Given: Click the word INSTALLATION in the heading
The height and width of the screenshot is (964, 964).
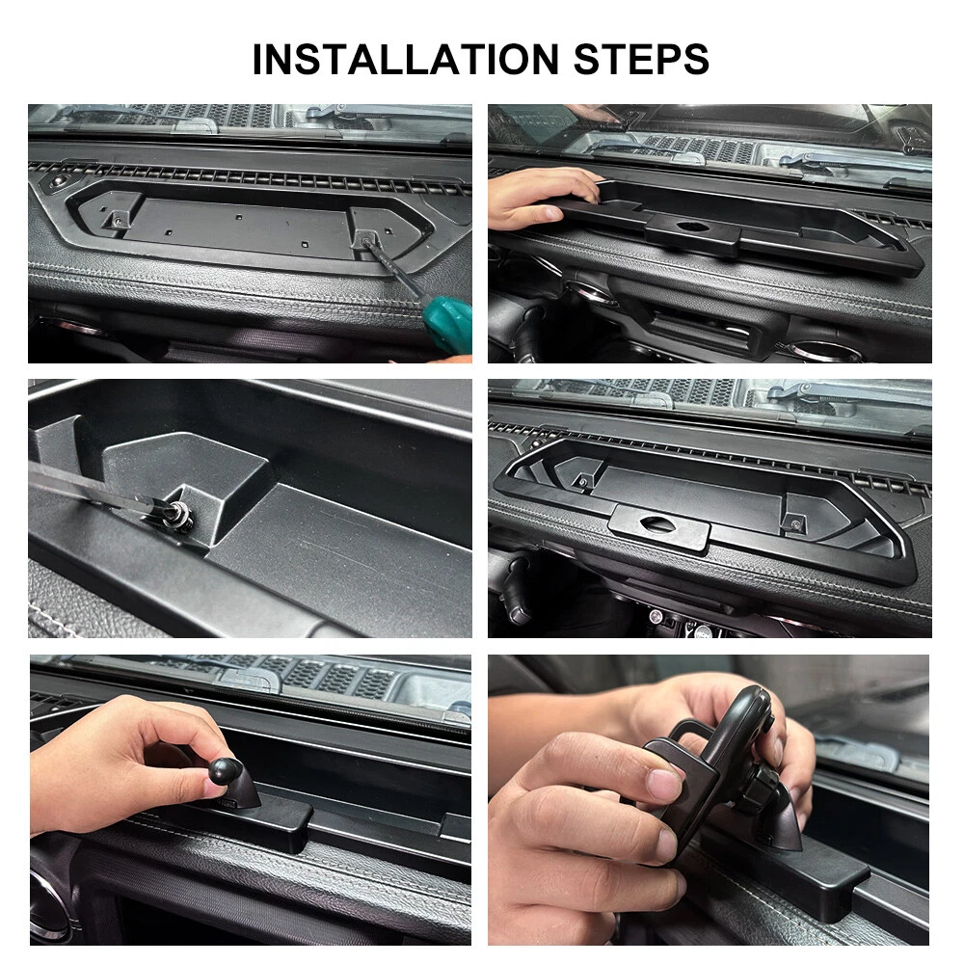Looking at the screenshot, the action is click(x=405, y=60).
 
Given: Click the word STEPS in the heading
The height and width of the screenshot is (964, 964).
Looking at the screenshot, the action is click(x=641, y=60).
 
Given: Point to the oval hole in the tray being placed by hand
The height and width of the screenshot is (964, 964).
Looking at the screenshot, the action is click(x=693, y=227).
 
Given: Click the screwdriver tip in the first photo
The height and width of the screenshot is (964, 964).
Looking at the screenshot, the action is click(x=367, y=241).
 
